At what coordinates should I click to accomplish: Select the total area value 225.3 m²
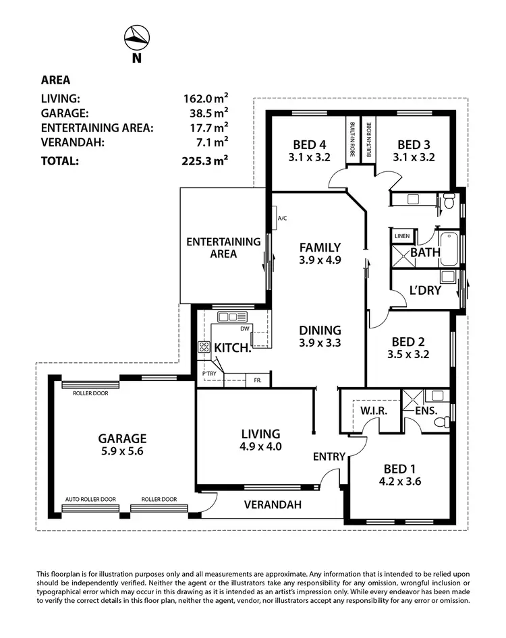[205, 161]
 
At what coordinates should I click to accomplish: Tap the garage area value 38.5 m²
[205, 113]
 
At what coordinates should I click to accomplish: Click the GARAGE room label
[121, 438]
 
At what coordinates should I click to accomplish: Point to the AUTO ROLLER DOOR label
[90, 500]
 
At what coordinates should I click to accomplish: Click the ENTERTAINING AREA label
[223, 248]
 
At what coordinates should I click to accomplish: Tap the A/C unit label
[282, 219]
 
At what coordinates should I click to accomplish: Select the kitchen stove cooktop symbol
[204, 348]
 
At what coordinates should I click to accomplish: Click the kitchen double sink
[228, 317]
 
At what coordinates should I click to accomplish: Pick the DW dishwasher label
[245, 328]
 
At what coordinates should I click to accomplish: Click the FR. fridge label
[258, 381]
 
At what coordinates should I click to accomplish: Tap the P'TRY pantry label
[209, 374]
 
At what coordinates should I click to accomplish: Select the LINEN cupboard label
[402, 236]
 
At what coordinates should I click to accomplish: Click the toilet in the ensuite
[441, 422]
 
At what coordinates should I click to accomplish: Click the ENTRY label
[329, 457]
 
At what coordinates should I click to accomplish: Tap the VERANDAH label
[273, 504]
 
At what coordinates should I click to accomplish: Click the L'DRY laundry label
[425, 291]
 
